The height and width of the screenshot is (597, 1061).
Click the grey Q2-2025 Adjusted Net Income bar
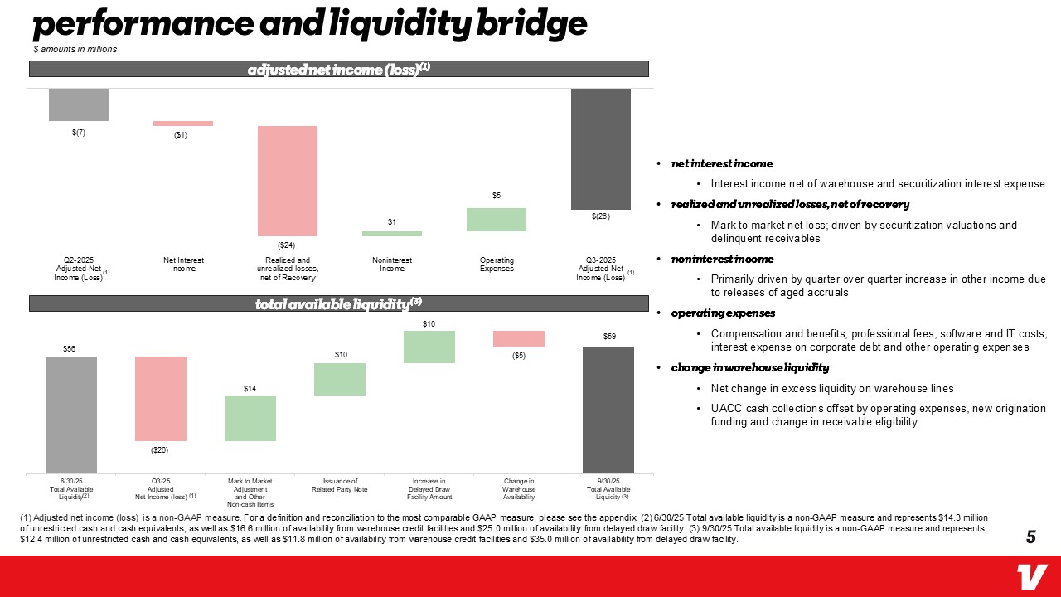(x=79, y=104)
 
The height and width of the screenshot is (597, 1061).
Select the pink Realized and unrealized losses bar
(x=288, y=181)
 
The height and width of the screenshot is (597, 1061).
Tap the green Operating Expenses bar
(x=497, y=220)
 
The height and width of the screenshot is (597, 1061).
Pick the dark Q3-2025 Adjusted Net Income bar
(x=601, y=148)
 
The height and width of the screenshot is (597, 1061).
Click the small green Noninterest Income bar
(x=392, y=234)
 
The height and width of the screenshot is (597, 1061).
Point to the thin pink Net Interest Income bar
(x=183, y=124)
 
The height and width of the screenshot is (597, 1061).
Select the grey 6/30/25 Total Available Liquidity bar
(x=71, y=415)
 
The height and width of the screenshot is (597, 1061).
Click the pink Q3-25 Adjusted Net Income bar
(x=161, y=398)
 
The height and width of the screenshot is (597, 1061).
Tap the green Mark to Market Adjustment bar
(x=250, y=418)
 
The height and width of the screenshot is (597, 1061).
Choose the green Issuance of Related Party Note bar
(x=340, y=379)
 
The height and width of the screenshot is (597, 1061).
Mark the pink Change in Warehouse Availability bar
(x=519, y=338)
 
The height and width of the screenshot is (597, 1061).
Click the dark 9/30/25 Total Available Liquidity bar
(x=608, y=410)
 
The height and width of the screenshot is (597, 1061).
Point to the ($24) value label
(x=287, y=245)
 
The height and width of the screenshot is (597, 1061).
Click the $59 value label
(x=608, y=337)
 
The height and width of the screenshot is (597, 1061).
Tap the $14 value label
(x=250, y=388)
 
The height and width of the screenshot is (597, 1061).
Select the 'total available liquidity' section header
(x=338, y=303)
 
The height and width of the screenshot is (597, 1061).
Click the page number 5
(x=1031, y=536)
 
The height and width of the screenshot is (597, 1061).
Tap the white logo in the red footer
(x=1033, y=576)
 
